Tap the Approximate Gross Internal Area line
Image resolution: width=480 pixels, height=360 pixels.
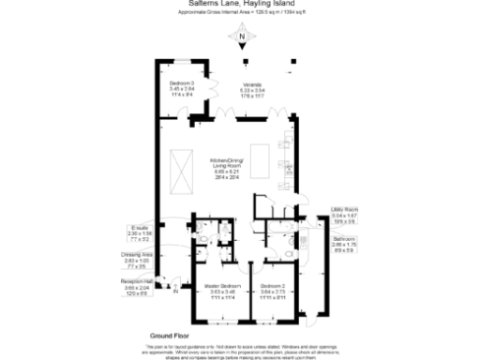coord(240,15)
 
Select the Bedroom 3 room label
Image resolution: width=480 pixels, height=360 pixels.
coord(182,88)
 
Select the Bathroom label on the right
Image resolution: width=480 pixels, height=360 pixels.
coord(345,242)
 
